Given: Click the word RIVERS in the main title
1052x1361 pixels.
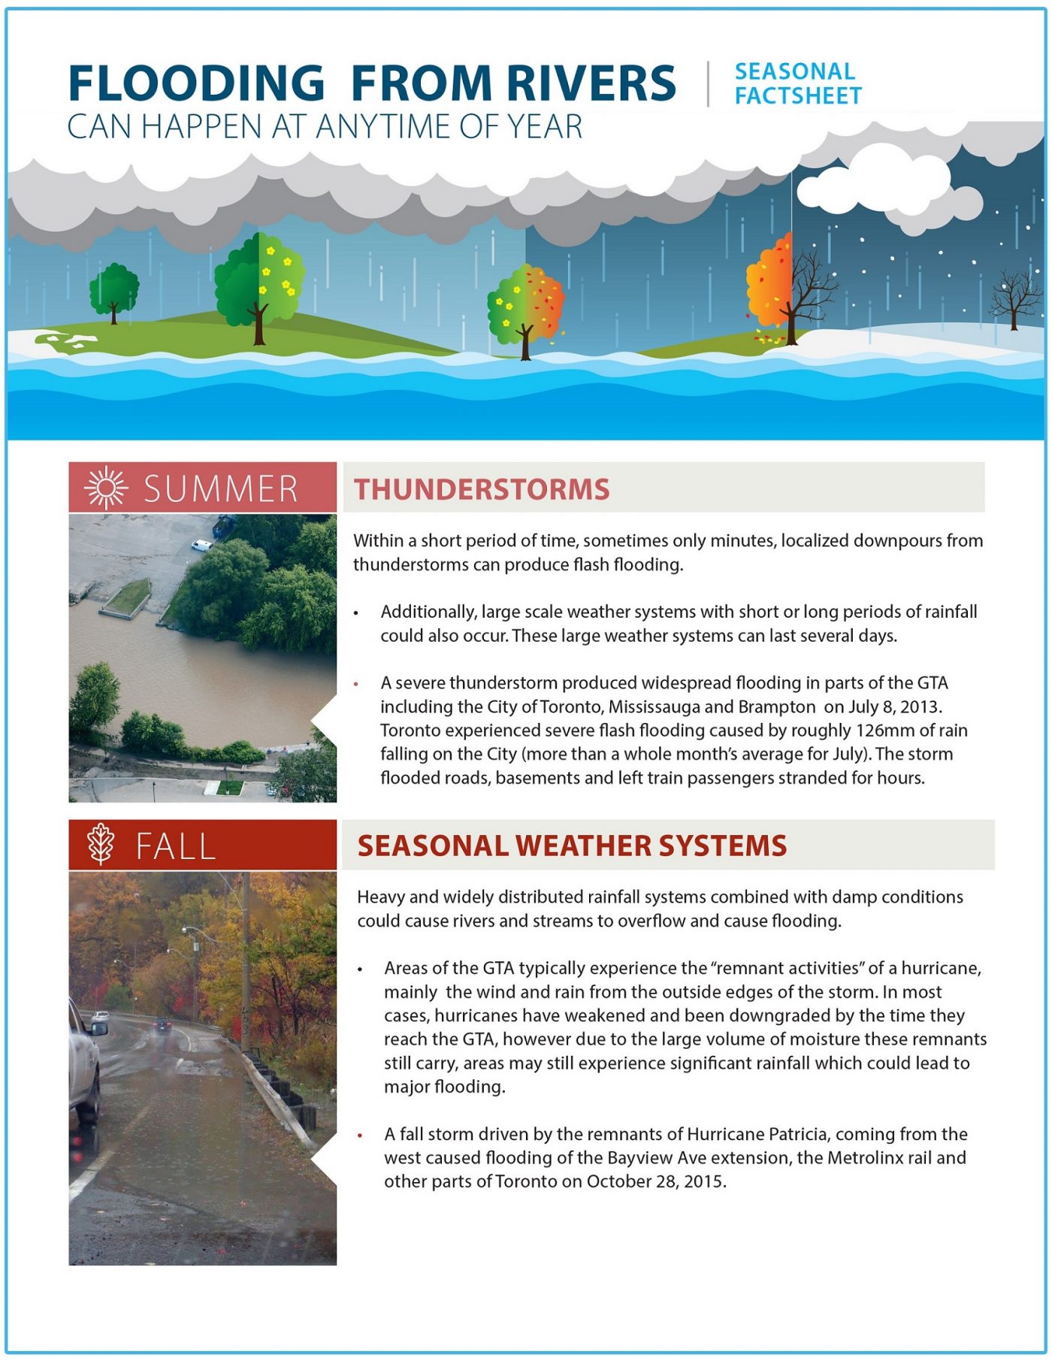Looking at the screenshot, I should point(591,83).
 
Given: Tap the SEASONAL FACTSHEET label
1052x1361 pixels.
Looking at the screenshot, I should point(797,83).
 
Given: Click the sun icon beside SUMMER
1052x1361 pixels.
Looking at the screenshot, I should point(106,488).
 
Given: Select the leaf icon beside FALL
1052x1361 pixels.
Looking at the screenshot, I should point(101,844).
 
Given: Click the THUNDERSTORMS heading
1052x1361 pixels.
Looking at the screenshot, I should point(482,489).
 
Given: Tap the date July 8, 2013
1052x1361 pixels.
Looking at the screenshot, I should point(893,706).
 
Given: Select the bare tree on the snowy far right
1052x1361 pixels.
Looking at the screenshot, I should point(1014,299).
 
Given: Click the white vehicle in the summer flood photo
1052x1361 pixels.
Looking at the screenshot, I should point(201,546).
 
